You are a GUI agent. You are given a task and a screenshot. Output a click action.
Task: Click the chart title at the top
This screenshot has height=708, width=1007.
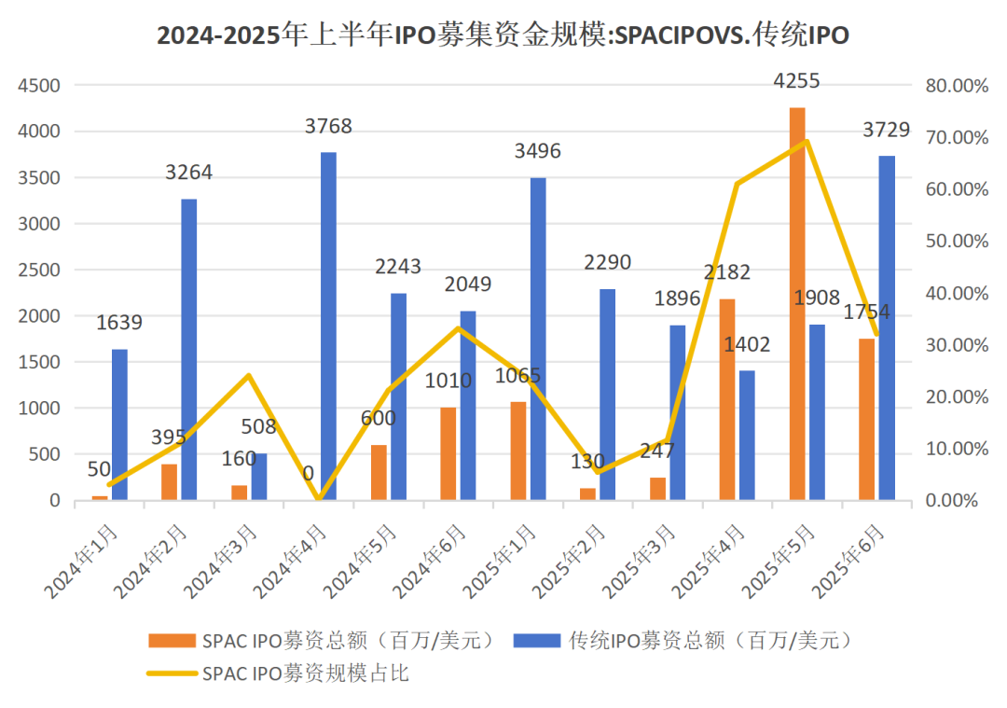(x=503, y=35)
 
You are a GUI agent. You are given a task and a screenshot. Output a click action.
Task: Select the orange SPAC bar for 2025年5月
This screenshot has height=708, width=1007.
(x=797, y=304)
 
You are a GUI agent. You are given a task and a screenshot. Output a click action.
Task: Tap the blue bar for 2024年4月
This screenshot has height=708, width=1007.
(x=328, y=326)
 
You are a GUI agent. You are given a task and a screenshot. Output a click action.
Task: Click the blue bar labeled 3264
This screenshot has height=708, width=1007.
(x=188, y=350)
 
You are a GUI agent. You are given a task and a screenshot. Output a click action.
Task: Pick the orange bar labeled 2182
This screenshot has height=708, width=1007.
(x=727, y=399)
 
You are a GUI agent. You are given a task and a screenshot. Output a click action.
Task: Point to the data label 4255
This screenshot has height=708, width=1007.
(x=796, y=81)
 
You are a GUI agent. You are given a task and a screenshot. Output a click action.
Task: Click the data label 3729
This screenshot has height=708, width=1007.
(x=887, y=130)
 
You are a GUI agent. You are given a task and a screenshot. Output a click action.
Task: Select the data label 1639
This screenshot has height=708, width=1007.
(x=118, y=322)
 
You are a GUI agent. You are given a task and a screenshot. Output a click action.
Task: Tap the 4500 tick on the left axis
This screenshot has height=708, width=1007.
(x=39, y=86)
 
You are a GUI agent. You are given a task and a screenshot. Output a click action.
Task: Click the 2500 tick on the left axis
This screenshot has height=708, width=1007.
(x=39, y=270)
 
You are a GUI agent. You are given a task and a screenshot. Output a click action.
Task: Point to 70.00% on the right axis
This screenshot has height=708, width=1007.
(x=957, y=137)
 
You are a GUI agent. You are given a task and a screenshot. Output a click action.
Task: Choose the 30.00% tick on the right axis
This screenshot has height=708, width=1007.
(x=957, y=345)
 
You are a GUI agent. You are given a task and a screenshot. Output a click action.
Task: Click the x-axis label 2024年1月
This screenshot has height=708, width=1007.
(x=81, y=562)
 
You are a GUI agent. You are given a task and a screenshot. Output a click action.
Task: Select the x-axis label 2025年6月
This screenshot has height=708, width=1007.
(x=849, y=562)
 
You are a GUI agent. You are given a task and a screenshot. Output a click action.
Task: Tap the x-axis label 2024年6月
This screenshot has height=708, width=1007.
(x=430, y=562)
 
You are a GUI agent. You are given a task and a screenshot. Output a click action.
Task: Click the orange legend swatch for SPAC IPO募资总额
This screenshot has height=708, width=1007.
(x=172, y=641)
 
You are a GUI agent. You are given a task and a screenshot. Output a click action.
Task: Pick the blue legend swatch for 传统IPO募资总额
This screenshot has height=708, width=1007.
(x=537, y=641)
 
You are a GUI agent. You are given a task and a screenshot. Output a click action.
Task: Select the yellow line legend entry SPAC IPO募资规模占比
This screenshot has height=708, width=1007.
(x=278, y=673)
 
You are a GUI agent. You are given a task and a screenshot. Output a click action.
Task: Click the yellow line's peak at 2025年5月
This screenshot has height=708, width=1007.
(x=807, y=141)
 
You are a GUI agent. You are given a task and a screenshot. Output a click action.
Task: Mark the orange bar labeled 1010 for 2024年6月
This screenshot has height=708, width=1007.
(x=448, y=453)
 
